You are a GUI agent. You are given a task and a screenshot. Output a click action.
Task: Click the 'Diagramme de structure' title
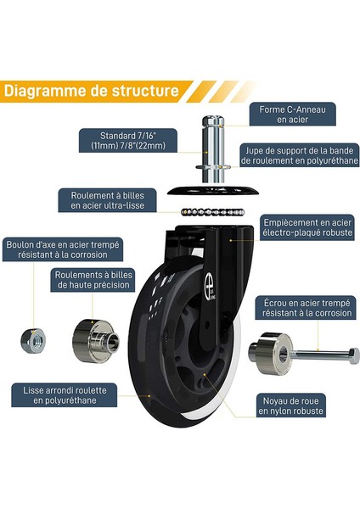click(92, 91)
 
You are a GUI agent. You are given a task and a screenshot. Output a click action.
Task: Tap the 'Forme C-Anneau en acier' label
click(292, 115)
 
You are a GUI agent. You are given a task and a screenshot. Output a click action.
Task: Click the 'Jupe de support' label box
click(300, 155)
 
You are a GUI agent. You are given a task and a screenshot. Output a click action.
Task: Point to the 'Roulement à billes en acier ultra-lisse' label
click(107, 200)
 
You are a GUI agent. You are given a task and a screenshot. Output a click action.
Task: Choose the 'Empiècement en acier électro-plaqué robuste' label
click(307, 227)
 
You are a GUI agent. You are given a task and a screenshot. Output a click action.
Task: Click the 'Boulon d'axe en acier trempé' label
click(63, 249)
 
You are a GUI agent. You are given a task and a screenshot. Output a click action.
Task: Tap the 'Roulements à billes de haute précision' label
click(93, 280)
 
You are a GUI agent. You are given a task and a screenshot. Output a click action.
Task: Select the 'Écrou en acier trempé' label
click(307, 308)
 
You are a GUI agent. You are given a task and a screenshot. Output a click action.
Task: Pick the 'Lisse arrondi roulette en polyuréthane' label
click(65, 395)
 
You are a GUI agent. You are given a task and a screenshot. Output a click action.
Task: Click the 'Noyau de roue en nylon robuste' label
click(290, 406)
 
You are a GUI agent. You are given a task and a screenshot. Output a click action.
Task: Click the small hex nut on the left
click(33, 340)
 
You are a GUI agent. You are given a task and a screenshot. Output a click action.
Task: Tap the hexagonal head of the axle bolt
click(353, 355)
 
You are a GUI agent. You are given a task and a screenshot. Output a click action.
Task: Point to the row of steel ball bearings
click(212, 212)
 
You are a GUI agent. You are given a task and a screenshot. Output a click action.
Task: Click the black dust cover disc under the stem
click(213, 191)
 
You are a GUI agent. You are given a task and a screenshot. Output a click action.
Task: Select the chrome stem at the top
click(213, 148)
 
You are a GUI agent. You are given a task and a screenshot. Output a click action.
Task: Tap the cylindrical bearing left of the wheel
click(96, 341)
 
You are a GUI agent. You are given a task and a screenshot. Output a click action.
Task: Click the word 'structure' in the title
click(145, 91)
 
